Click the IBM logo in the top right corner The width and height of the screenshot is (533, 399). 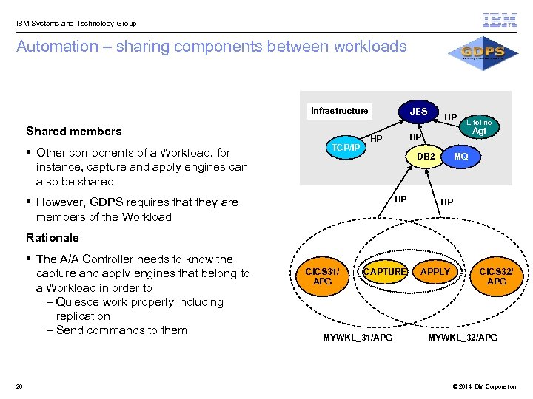tap(500, 21)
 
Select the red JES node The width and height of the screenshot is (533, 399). tap(418, 112)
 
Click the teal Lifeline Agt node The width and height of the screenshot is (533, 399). tap(479, 127)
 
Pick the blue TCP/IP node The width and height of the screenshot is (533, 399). tap(346, 147)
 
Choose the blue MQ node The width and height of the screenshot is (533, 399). tap(460, 157)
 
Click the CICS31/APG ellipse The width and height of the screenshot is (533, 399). tap(323, 276)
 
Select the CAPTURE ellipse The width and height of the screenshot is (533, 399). tap(385, 272)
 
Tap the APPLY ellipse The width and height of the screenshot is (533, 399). tap(435, 272)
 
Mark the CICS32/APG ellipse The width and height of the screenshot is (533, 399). tap(497, 276)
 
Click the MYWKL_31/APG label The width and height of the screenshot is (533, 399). tap(358, 338)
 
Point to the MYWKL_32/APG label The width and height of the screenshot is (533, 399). tap(463, 338)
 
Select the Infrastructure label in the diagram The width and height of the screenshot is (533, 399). tap(339, 111)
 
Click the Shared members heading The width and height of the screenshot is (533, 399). tap(73, 132)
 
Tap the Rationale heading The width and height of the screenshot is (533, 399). tap(52, 238)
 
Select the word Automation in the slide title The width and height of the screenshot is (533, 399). tap(57, 47)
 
